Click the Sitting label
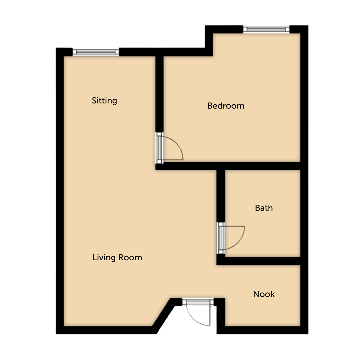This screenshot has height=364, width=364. (x=104, y=101)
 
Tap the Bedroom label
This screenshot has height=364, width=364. (x=226, y=106)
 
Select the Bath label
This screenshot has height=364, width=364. (x=264, y=208)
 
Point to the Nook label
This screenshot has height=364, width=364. (x=264, y=294)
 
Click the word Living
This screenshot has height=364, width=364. (x=104, y=258)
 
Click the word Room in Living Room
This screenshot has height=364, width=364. (x=130, y=258)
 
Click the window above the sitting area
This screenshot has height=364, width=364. (x=96, y=52)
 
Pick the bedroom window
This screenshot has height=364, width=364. (x=266, y=29)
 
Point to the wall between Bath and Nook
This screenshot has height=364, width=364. (x=258, y=261)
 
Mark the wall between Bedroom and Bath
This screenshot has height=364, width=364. (x=228, y=166)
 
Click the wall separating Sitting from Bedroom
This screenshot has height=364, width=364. (x=160, y=94)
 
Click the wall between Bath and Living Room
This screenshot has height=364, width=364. (x=221, y=196)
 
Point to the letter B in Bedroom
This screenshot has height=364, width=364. (x=210, y=106)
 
